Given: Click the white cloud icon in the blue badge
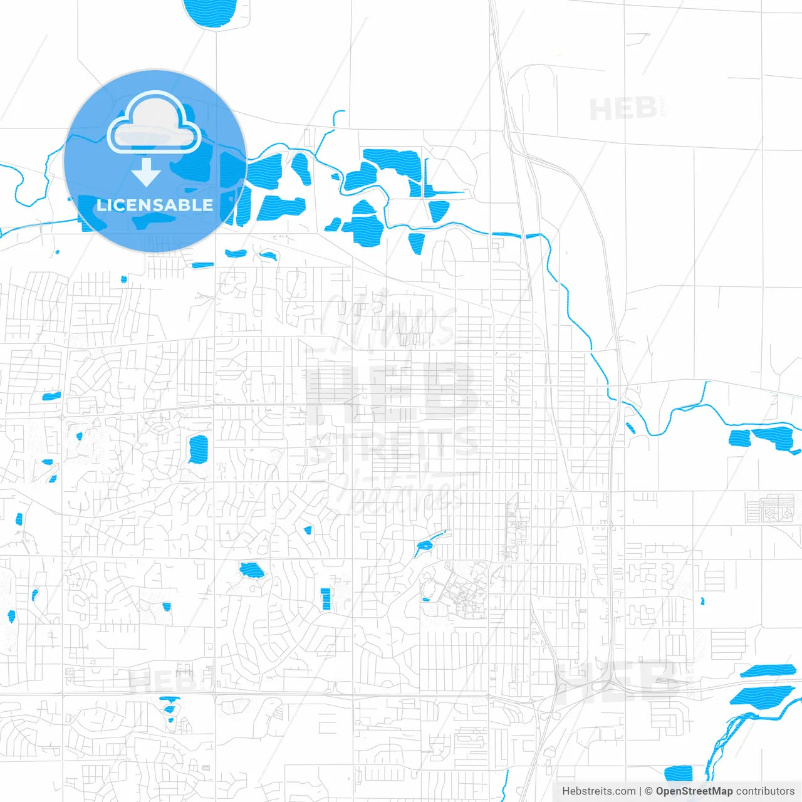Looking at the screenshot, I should point(154,123).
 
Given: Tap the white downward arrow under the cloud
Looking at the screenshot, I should point(146,172).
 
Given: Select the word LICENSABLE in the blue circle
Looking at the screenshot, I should point(155,206).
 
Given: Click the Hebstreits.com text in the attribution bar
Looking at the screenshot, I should point(598,791).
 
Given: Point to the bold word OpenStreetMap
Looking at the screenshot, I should point(694,791).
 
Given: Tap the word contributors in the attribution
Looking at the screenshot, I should point(765,791).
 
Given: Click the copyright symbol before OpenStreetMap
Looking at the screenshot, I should point(648,791).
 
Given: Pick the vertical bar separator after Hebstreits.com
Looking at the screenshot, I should point(640,791).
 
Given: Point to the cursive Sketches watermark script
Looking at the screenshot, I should point(401,489).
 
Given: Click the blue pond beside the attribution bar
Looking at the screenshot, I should point(678,773).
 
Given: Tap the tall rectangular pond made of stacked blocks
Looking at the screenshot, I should point(325,599).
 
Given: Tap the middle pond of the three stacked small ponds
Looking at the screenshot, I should point(169,710).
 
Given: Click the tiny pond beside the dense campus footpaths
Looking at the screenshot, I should point(426,600).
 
